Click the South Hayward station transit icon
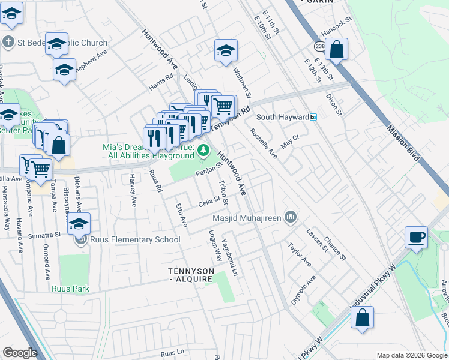pos(313,118)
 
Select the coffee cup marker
pos(417,238)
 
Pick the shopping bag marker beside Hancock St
pos(337,50)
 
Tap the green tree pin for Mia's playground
pos(204,150)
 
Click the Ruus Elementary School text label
pos(135,240)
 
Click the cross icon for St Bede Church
pos(8,43)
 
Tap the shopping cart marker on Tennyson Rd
pos(223,107)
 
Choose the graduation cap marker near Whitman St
pos(226,52)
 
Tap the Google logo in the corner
pos(20,353)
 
